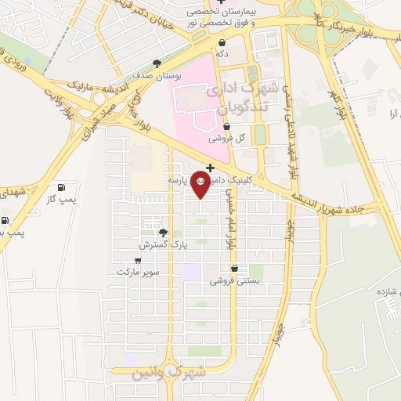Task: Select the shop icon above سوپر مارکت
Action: pyautogui.click(x=139, y=260)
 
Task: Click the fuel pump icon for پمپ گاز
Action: pyautogui.click(x=62, y=188)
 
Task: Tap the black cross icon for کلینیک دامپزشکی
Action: pyautogui.click(x=210, y=168)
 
